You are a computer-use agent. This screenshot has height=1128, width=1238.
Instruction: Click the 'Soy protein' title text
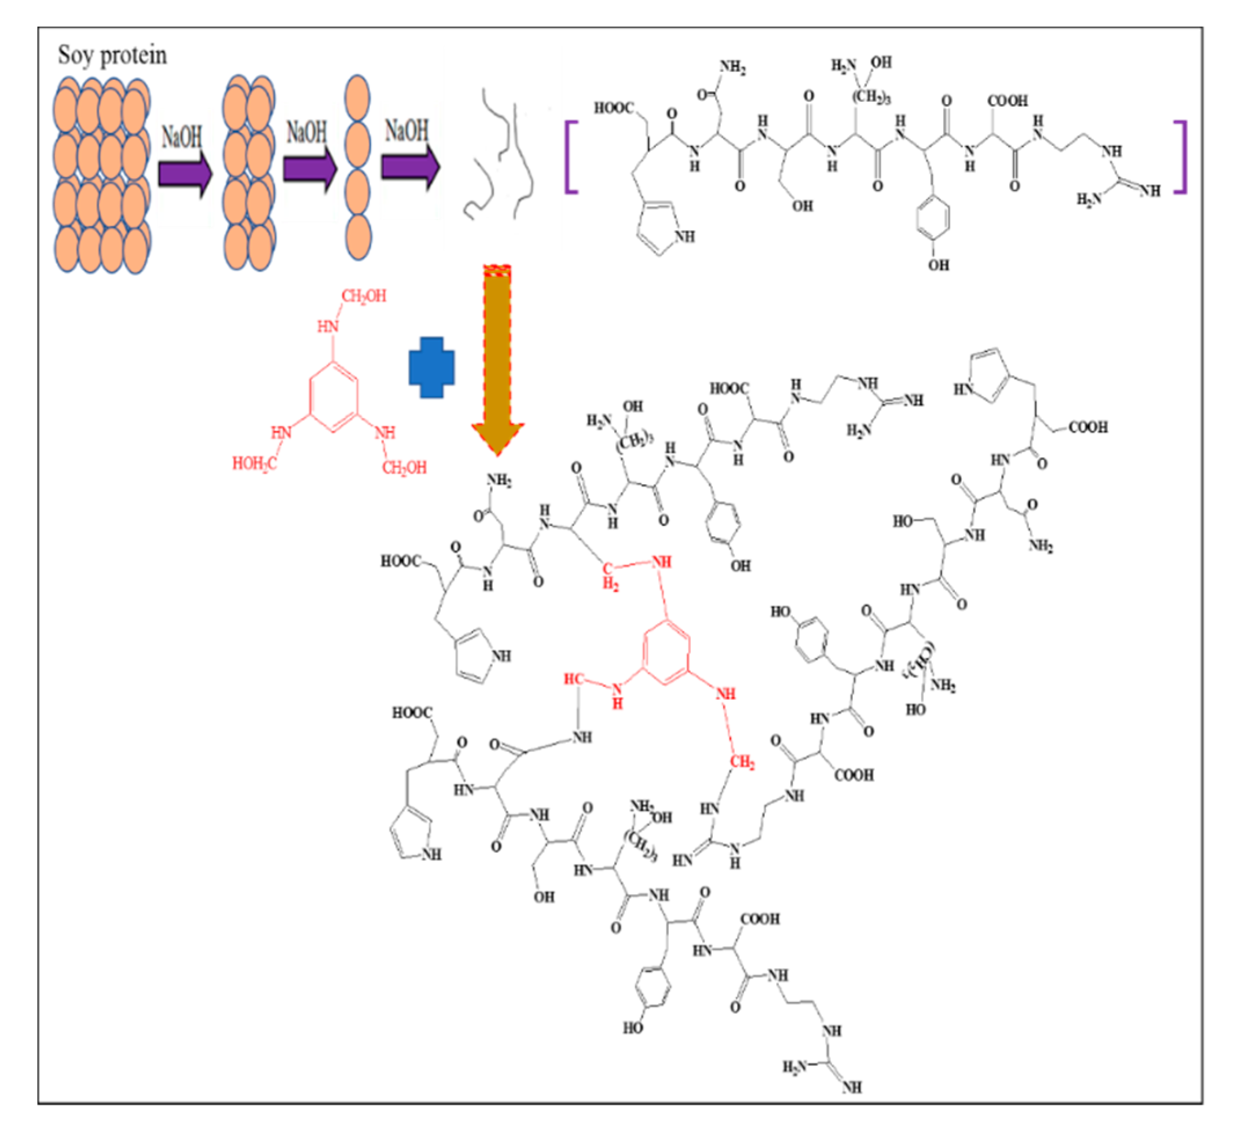[112, 56]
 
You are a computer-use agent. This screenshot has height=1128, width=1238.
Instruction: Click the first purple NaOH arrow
[185, 174]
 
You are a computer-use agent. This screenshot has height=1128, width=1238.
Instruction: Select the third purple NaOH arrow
[409, 166]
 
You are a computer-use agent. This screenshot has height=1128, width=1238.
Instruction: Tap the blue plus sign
[432, 367]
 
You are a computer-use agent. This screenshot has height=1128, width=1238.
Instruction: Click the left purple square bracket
[571, 158]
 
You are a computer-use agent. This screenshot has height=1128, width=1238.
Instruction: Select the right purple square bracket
[1180, 158]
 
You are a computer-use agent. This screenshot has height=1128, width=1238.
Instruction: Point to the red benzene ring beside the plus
[334, 397]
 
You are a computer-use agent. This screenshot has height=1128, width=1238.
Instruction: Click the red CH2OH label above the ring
[364, 296]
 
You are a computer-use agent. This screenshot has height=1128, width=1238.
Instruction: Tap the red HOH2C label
[254, 464]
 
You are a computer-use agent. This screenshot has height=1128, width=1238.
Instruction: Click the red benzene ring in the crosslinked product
[666, 652]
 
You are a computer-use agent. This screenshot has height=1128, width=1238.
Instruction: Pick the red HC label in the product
[574, 679]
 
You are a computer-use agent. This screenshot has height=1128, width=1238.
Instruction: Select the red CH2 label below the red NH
[742, 763]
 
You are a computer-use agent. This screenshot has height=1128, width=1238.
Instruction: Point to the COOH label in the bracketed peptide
[1007, 101]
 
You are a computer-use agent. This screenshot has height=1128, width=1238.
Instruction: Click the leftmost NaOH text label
[182, 136]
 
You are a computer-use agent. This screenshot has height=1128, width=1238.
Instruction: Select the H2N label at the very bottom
[793, 1067]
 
